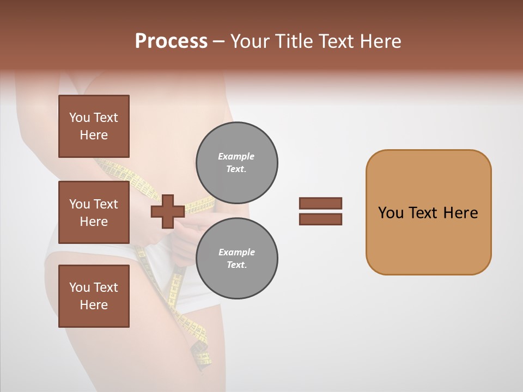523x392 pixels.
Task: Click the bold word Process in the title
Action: [171, 41]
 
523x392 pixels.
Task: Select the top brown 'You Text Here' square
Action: [94, 126]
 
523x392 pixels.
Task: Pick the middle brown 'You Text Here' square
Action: [94, 212]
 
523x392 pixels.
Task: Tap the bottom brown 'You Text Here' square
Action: [94, 296]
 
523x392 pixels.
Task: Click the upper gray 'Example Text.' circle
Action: [236, 162]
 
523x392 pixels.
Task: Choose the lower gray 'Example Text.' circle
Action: [236, 258]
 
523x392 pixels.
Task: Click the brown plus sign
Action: [167, 212]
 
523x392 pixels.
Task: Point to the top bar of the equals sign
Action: [320, 203]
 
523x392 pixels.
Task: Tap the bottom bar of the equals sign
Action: [320, 219]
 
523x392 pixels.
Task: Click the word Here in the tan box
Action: [460, 213]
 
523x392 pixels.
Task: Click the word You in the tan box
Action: [391, 213]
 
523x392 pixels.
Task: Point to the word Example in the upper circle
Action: [236, 156]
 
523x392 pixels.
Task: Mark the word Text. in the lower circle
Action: [236, 265]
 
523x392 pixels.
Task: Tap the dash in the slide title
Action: [218, 41]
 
